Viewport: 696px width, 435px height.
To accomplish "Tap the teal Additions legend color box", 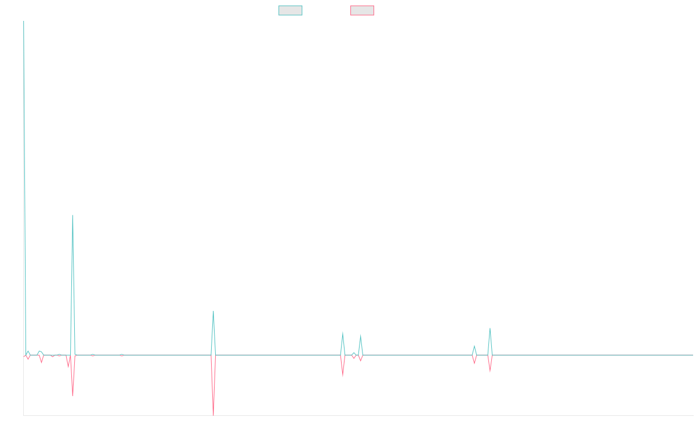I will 291,10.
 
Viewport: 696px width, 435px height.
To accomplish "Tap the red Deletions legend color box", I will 362,10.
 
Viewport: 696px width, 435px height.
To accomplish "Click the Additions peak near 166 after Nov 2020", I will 72,215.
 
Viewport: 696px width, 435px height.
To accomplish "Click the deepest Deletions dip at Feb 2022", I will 213,414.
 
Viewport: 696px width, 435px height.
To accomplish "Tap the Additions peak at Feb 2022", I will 213,313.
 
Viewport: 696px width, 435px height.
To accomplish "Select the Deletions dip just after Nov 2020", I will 72,396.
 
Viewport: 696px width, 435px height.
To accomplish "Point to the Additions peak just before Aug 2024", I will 490,328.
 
